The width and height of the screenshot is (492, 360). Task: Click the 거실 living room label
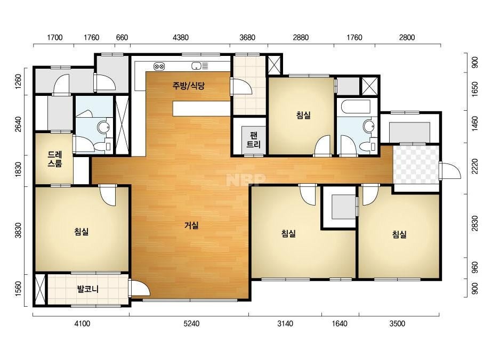(191, 225)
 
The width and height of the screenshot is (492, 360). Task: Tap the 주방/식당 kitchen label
(188, 85)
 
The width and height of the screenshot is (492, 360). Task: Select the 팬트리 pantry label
(254, 140)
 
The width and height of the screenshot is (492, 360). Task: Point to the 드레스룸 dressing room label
(54, 159)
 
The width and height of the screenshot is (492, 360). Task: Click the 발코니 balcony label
(88, 289)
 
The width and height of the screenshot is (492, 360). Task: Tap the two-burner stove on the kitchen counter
(159, 67)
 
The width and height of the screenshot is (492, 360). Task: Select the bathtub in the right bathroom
(356, 107)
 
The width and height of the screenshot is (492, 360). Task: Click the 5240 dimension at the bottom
(191, 324)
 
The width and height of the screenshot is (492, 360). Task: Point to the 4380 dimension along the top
(181, 38)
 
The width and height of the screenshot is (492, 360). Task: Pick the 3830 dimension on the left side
(19, 230)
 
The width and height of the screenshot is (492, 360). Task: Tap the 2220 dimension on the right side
(475, 167)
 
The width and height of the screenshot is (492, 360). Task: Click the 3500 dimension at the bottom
(397, 324)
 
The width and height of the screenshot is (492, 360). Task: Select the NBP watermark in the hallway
(246, 179)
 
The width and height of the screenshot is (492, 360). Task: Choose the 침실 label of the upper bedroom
(303, 115)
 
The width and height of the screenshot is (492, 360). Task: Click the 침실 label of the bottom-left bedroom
(81, 232)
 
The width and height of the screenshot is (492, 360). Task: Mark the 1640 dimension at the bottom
(340, 324)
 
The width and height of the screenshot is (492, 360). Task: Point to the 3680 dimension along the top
(247, 38)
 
